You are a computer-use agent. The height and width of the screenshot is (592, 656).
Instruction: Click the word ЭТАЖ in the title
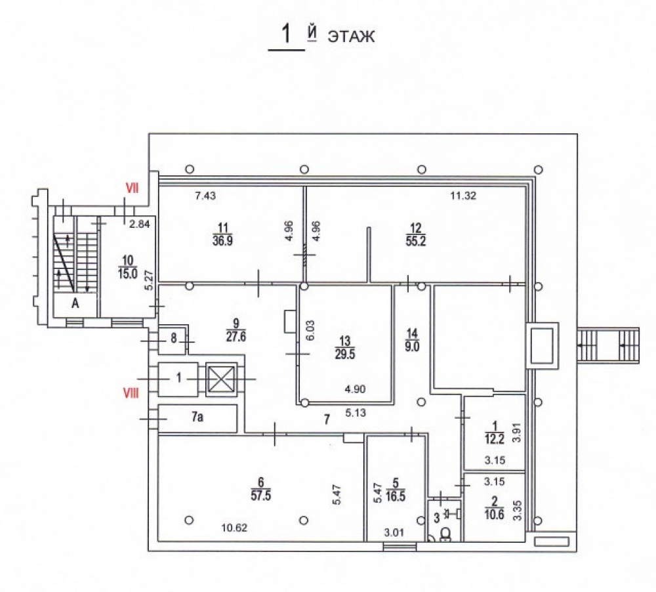tap(351, 37)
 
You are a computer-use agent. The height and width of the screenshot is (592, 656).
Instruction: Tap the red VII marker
tap(133, 189)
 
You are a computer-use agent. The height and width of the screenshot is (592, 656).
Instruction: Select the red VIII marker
tap(131, 393)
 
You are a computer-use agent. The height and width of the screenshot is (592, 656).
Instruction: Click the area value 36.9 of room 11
tap(222, 242)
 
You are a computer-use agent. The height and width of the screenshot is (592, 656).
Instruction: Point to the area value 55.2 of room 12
tap(416, 242)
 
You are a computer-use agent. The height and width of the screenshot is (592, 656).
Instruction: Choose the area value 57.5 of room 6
tap(261, 496)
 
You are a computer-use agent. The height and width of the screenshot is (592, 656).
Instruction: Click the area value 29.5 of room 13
tap(345, 354)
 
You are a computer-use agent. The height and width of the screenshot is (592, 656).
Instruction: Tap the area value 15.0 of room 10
tap(128, 274)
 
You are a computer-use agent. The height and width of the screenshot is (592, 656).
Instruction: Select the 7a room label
tap(197, 417)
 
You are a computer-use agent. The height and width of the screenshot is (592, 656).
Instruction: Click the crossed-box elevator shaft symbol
tap(222, 379)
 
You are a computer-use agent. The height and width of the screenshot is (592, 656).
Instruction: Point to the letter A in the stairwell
tap(75, 303)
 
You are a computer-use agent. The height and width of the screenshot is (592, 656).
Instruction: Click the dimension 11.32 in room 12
tap(463, 196)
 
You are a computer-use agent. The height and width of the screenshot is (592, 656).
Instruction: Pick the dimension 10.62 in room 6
tap(234, 528)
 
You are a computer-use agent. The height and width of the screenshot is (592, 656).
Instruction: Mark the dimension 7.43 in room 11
tap(205, 196)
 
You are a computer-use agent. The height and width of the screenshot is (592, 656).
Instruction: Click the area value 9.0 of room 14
tap(412, 347)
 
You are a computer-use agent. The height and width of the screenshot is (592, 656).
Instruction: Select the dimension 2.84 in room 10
tap(139, 224)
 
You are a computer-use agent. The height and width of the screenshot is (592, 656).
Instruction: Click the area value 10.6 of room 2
tap(494, 515)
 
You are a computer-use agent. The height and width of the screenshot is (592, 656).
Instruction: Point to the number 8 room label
tap(174, 338)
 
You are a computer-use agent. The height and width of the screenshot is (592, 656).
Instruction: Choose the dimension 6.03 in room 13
tap(310, 331)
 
